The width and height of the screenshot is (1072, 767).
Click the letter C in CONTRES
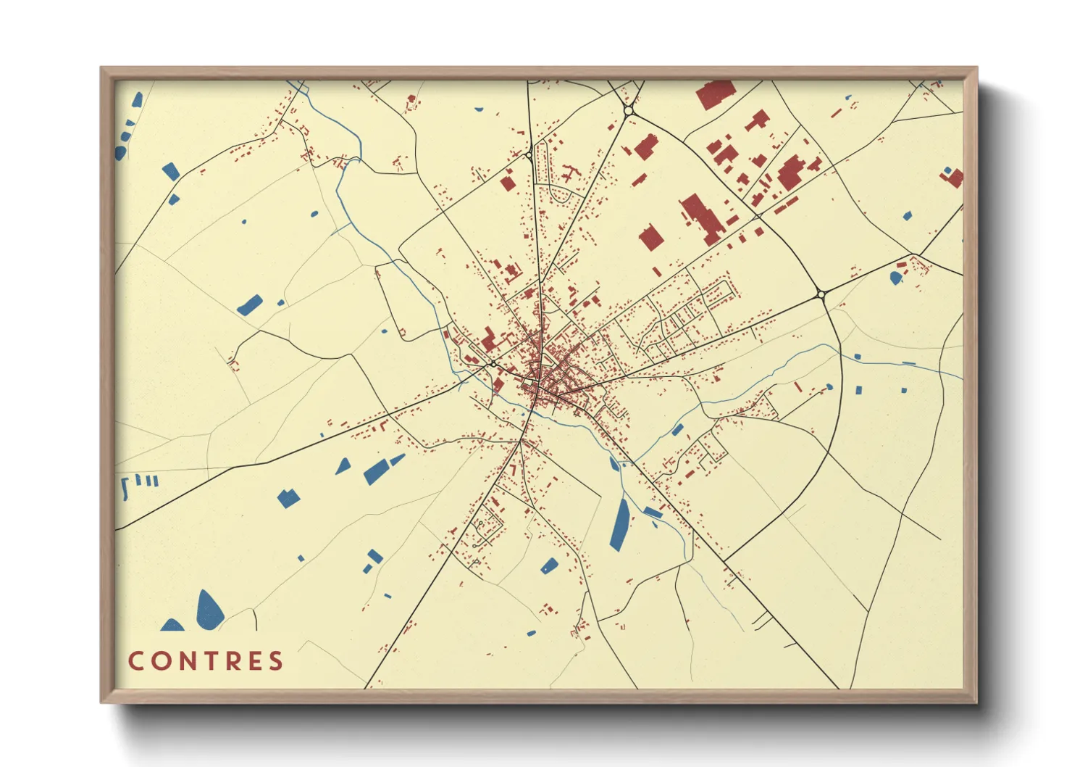click(x=135, y=661)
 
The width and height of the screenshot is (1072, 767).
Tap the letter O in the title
click(x=158, y=661)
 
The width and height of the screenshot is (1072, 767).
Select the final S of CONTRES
click(x=276, y=661)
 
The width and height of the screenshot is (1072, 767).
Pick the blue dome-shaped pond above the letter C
click(x=172, y=626)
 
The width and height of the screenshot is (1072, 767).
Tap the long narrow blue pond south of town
click(x=620, y=524)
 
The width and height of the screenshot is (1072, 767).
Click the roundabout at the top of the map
click(x=629, y=111)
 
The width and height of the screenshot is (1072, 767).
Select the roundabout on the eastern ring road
click(x=821, y=294)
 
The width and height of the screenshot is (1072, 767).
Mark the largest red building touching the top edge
click(x=716, y=94)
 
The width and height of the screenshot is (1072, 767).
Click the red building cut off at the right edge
click(x=955, y=178)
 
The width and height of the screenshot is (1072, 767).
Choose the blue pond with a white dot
click(x=896, y=277)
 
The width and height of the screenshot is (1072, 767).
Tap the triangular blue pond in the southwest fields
click(x=343, y=467)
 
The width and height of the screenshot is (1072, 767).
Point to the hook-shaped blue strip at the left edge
click(x=125, y=488)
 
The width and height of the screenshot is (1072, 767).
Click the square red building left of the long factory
click(x=650, y=239)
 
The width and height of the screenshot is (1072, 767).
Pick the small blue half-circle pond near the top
click(x=478, y=110)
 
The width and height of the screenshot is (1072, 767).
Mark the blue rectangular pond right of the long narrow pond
click(x=653, y=513)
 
